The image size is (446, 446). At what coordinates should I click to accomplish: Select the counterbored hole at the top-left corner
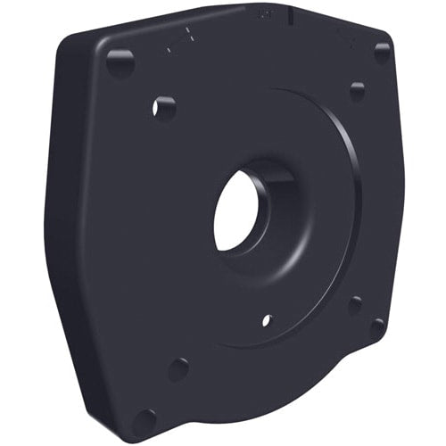(120, 62)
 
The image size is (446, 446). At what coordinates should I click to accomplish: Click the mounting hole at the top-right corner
(383, 53)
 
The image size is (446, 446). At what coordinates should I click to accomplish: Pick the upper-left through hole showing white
(164, 108)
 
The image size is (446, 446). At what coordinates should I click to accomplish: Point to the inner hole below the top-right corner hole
(358, 91)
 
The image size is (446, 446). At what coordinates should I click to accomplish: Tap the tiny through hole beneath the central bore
(266, 319)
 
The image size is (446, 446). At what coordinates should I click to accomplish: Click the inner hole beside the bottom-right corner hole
(355, 304)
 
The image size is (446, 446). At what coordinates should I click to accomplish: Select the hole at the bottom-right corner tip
(377, 327)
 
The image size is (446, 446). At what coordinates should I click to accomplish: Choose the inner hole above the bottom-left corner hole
(178, 368)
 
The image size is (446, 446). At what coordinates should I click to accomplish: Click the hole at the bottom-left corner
(143, 419)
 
